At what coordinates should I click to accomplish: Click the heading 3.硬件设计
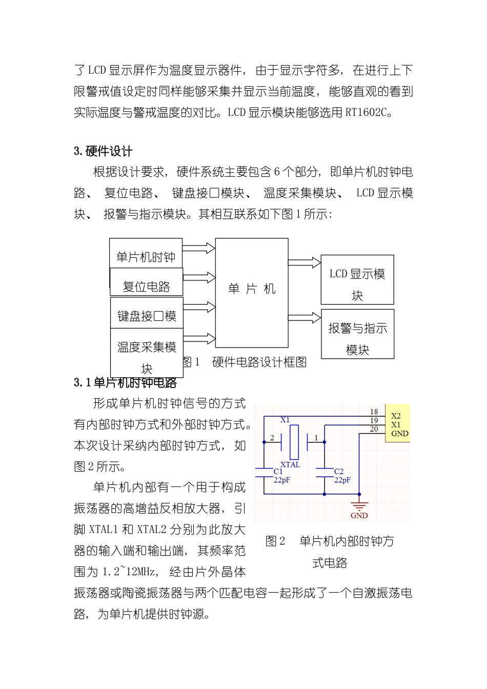click(103, 151)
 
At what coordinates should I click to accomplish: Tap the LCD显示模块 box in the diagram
click(357, 280)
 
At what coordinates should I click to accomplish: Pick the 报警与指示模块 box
click(357, 334)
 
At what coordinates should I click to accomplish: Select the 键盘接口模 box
click(147, 314)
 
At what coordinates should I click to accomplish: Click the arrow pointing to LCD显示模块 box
click(305, 262)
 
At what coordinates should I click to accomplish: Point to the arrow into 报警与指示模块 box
click(305, 318)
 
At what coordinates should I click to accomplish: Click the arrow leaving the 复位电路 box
click(199, 278)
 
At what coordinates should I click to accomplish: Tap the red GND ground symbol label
click(359, 515)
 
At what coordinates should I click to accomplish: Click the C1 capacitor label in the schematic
click(278, 471)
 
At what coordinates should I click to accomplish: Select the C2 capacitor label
click(339, 471)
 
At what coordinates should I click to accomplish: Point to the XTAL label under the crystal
click(290, 464)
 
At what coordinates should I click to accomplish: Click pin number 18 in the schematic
click(374, 412)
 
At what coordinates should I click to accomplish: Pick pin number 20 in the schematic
click(374, 429)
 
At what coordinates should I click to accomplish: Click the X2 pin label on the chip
click(396, 416)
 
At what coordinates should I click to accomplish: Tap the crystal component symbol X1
click(294, 441)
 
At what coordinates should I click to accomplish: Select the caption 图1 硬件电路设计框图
click(245, 362)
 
